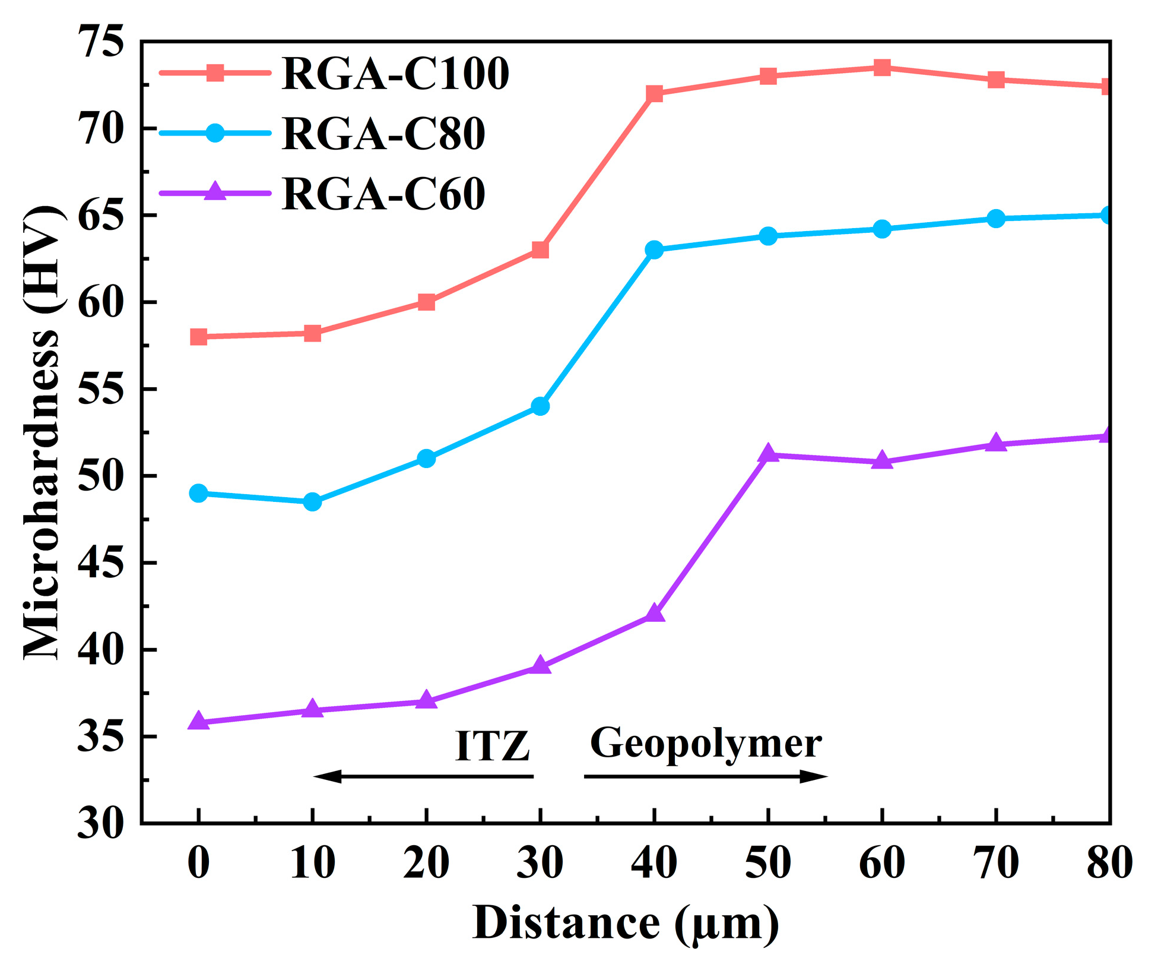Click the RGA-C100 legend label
pos(395,74)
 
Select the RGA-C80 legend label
pos(383,133)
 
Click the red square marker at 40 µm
pos(654,94)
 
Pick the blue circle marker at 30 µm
pos(540,406)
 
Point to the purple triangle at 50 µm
pos(768,454)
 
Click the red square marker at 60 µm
pos(882,68)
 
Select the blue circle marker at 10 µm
pos(312,502)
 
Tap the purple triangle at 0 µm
pos(198,722)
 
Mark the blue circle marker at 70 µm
pos(997,219)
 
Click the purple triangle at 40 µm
pos(654,614)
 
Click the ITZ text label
pos(492,746)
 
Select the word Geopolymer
pos(706,743)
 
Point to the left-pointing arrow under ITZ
pos(423,776)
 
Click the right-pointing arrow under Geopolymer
pos(706,776)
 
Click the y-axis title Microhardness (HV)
pos(42,432)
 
